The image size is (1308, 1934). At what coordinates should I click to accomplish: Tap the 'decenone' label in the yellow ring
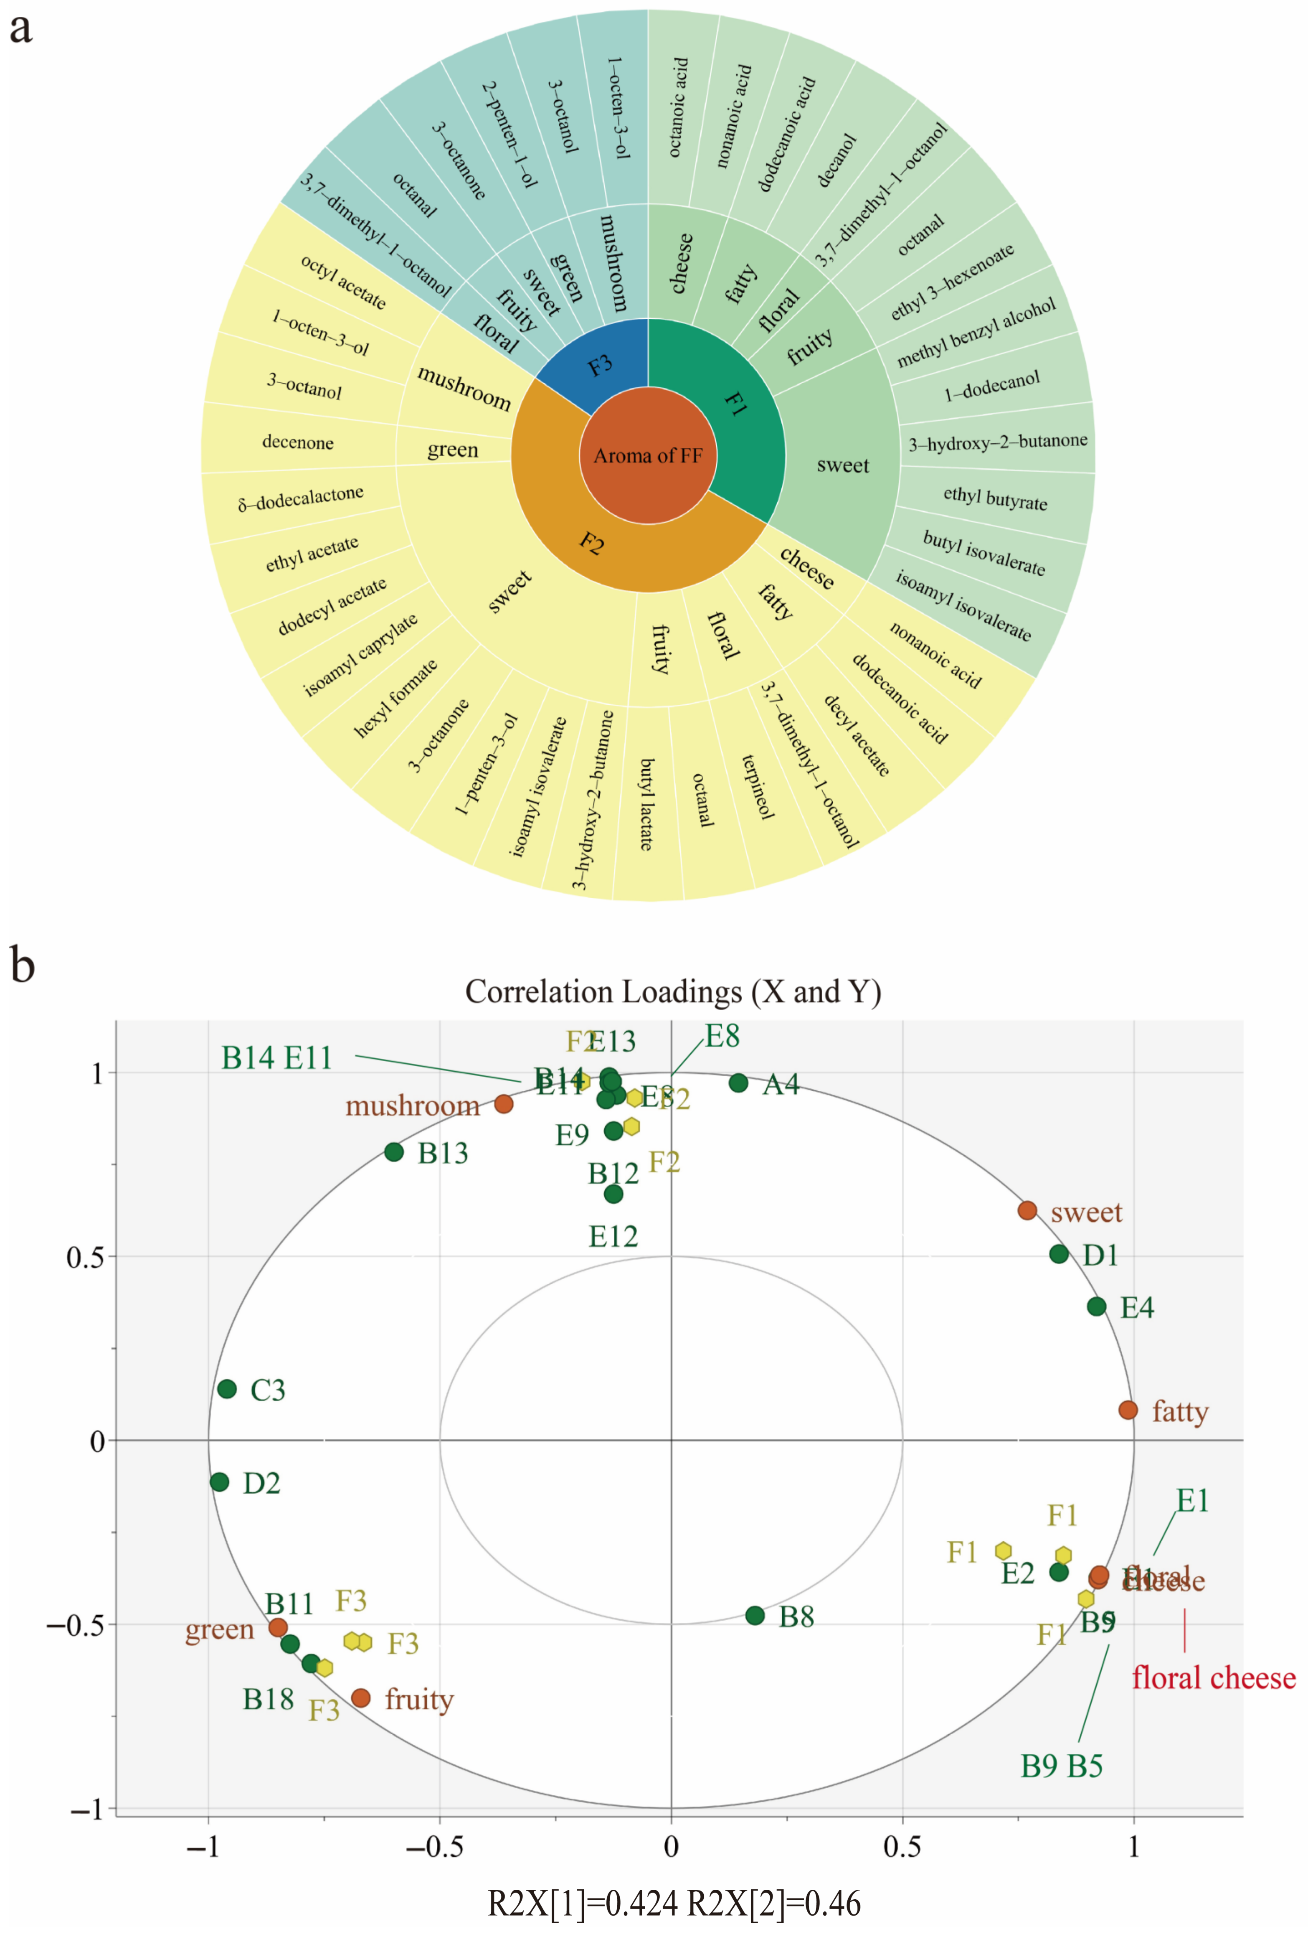[298, 442]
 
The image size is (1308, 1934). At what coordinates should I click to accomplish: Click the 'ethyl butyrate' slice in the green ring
[995, 498]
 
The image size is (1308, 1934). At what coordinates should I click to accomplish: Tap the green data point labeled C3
[226, 1389]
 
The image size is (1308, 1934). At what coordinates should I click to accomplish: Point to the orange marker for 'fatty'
[1128, 1410]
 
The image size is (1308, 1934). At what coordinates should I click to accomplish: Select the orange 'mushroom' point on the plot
[503, 1103]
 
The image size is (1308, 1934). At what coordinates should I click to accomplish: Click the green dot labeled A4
[738, 1083]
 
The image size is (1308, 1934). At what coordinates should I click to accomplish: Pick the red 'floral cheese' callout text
[1213, 1678]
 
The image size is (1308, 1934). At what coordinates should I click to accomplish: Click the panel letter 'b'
[23, 966]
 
